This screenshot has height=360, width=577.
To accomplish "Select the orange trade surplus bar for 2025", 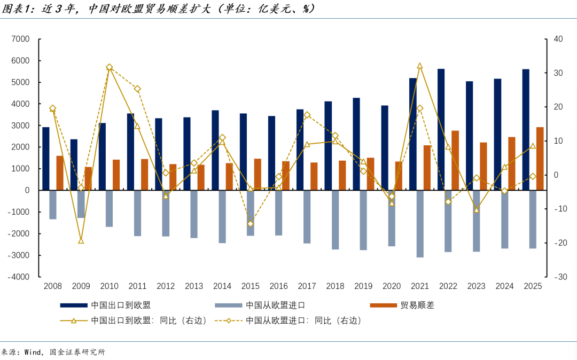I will (540, 158).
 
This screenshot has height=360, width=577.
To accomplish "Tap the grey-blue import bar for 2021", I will (420, 223).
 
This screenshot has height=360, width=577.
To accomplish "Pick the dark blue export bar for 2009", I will (74, 165).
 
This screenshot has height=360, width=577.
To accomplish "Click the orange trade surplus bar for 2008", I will (60, 173).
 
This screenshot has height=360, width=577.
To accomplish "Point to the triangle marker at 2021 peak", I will (419, 66).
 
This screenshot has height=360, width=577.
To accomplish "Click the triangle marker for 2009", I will (81, 241).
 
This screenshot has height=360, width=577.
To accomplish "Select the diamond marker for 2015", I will (250, 224).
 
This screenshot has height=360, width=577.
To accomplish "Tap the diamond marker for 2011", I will (137, 89).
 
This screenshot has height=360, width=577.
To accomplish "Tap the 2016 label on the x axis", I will (278, 286).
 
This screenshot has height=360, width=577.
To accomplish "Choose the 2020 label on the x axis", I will (392, 286).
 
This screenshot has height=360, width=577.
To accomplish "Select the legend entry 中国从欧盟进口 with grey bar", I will (275, 306).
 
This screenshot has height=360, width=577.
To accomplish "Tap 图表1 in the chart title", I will (17, 9).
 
